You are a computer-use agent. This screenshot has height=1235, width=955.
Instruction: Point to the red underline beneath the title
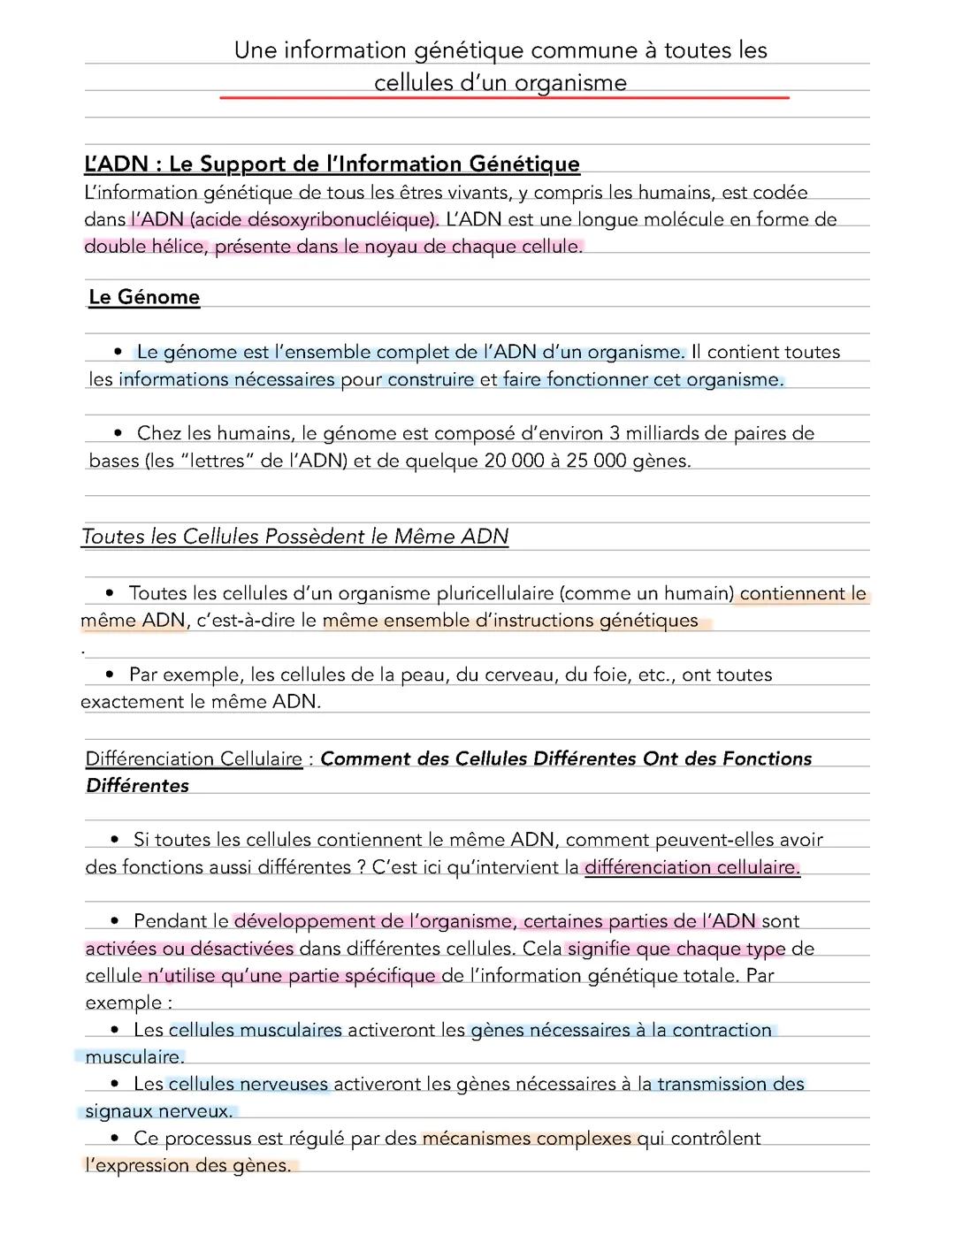point(504,98)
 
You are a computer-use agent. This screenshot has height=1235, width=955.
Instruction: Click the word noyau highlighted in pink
point(386,247)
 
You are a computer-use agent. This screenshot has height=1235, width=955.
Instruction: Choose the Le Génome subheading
point(144,297)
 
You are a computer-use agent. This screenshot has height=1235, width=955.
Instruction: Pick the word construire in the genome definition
point(431,380)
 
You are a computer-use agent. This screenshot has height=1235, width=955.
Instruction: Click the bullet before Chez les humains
point(118,433)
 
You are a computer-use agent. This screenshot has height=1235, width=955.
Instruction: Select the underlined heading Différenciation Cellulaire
point(194,759)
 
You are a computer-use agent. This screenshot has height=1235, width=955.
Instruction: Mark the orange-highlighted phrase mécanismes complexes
point(528,1139)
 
